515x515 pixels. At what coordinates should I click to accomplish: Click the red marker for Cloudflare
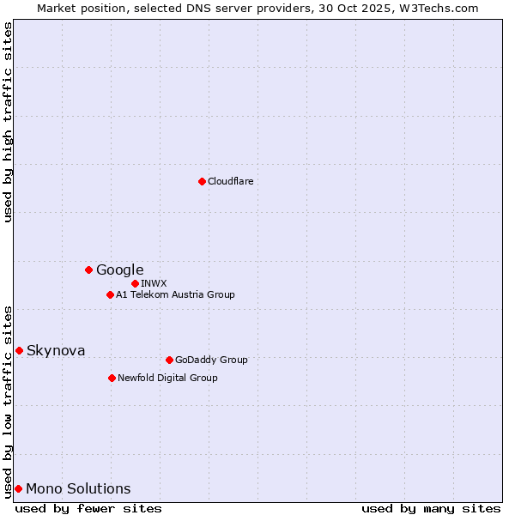202,181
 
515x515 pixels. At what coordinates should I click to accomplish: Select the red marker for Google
88,270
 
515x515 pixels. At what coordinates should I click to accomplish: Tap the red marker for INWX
135,283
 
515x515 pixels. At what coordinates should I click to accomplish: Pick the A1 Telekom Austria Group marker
110,295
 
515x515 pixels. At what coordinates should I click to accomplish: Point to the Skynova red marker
19,350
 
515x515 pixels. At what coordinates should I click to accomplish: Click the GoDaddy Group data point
169,360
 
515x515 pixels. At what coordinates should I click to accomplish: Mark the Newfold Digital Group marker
112,378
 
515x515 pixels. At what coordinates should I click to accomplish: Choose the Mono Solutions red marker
18,488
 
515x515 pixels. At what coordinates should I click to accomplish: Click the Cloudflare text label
230,181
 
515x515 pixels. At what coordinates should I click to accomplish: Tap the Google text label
119,270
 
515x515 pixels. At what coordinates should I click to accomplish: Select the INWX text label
154,283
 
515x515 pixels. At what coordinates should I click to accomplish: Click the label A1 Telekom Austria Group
175,295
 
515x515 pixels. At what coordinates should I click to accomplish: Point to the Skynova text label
56,350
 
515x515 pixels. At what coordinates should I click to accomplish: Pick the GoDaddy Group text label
211,360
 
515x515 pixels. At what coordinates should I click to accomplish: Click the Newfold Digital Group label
167,378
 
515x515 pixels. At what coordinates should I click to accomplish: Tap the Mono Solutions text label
78,489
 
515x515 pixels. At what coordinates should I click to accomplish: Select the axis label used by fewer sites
88,508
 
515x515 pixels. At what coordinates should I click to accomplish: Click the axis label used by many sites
431,508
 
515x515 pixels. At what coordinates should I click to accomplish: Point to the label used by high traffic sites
8,122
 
